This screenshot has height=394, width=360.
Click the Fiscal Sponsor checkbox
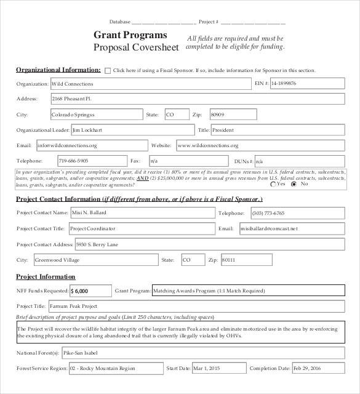[108, 71]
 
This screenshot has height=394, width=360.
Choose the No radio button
[294, 183]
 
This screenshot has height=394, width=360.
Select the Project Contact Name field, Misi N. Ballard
[142, 212]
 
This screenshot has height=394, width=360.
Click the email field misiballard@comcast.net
[292, 228]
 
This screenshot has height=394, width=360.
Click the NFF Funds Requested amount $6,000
[90, 291]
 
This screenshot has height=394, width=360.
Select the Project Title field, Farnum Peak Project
[197, 306]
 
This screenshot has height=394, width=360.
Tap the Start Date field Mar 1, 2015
[218, 368]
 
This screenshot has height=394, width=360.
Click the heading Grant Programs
[130, 35]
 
